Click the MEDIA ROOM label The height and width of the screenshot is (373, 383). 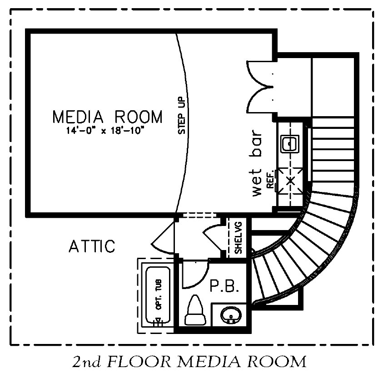pyautogui.click(x=108, y=117)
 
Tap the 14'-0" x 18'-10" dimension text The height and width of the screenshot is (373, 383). pyautogui.click(x=104, y=131)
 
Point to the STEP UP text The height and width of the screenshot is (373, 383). pyautogui.click(x=182, y=115)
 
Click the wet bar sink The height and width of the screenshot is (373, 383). pyautogui.click(x=290, y=144)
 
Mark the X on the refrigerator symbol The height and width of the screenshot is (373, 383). pyautogui.click(x=290, y=181)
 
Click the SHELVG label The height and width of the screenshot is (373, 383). pyautogui.click(x=238, y=237)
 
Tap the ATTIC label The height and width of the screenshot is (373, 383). pyautogui.click(x=92, y=246)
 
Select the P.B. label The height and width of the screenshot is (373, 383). pyautogui.click(x=224, y=286)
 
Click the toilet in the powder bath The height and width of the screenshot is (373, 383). pyautogui.click(x=194, y=310)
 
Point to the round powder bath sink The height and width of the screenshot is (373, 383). pyautogui.click(x=231, y=315)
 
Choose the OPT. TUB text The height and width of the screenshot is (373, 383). pyautogui.click(x=159, y=294)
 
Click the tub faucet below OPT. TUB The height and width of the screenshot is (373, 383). pyautogui.click(x=159, y=322)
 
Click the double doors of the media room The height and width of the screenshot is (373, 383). pyautogui.click(x=259, y=87)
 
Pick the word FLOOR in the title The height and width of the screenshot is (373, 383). pyautogui.click(x=139, y=361)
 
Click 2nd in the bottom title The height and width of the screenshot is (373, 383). pyautogui.click(x=87, y=362)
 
